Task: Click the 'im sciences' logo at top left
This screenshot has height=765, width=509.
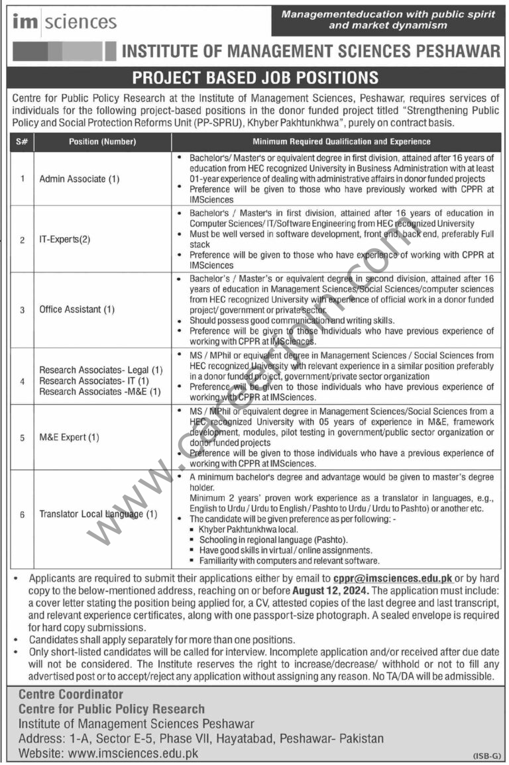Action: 64,22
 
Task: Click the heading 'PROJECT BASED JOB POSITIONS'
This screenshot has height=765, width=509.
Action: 255,77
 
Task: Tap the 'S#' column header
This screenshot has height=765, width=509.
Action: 21,142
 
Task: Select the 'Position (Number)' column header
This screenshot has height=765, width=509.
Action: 102,142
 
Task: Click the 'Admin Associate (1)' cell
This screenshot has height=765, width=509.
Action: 80,179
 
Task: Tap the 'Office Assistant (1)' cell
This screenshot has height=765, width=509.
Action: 77,309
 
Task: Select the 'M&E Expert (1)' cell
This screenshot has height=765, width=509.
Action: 70,437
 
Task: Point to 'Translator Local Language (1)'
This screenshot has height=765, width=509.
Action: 98,513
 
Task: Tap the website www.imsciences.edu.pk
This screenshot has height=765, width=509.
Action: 131,753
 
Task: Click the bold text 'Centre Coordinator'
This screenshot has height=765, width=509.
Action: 71,695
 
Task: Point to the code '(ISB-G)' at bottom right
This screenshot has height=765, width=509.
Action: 487,756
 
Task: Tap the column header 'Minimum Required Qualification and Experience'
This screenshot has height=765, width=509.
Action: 341,142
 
